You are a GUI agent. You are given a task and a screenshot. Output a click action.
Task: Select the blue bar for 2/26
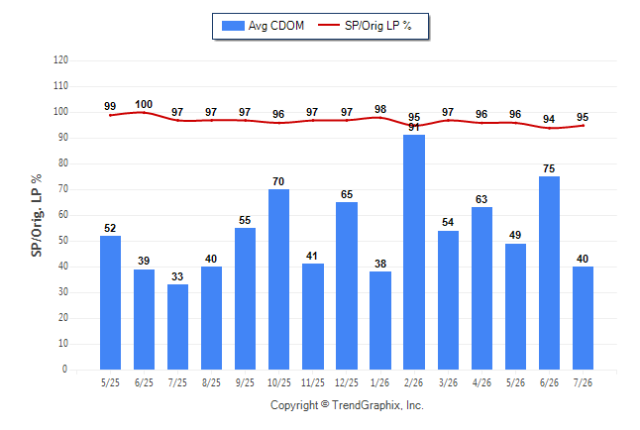(x=414, y=252)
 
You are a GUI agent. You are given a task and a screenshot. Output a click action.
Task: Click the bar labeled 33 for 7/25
(x=177, y=327)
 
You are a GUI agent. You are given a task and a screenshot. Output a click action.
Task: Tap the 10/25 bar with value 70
(x=278, y=279)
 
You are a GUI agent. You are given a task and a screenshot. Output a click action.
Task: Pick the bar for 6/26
(x=549, y=272)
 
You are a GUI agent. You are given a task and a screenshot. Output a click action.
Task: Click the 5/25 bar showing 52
(x=110, y=302)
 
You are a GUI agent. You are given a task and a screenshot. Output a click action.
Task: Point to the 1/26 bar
(x=380, y=321)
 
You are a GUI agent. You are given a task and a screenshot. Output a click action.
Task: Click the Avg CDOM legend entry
(x=263, y=26)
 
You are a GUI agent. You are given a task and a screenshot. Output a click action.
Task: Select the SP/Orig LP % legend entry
(x=365, y=26)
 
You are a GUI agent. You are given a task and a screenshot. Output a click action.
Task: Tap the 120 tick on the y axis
(x=60, y=60)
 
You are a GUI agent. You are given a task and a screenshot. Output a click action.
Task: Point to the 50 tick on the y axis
(x=63, y=241)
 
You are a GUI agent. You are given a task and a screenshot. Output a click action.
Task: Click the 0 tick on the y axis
(x=64, y=370)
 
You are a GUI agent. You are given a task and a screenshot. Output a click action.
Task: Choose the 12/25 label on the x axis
(x=346, y=382)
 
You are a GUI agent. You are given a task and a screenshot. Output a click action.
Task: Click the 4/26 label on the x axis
(x=481, y=382)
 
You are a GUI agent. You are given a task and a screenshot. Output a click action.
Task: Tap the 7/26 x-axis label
(x=583, y=382)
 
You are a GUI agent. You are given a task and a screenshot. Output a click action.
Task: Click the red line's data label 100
(x=144, y=104)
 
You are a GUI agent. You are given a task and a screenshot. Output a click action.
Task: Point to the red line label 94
(x=549, y=119)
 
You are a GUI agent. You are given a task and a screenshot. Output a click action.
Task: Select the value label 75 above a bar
(x=549, y=168)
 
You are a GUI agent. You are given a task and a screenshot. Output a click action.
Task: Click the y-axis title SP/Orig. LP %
(x=37, y=216)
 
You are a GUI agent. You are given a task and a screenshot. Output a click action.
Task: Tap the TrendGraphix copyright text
(x=347, y=405)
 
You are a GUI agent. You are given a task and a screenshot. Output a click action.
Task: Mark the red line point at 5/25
(x=110, y=115)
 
